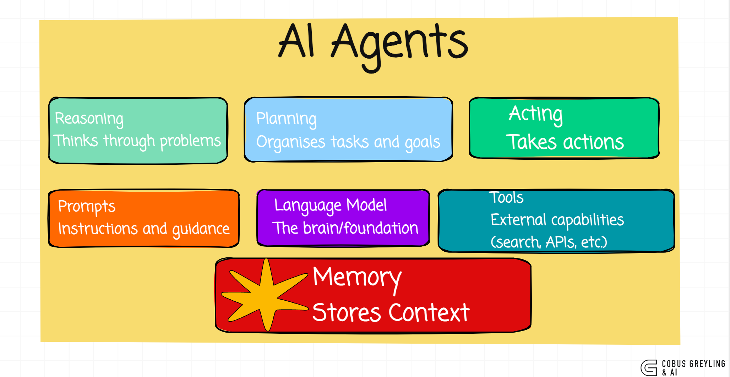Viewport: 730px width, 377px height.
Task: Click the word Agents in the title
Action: click(x=399, y=44)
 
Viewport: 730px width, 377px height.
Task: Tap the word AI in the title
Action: click(x=296, y=41)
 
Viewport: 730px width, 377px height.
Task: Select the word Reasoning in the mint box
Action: click(x=89, y=119)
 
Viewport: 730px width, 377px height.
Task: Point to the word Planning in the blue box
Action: click(x=286, y=119)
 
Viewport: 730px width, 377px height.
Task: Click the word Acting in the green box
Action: click(x=535, y=114)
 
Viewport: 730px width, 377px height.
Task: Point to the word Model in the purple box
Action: click(x=366, y=205)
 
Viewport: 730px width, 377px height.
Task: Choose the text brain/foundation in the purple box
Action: click(x=361, y=228)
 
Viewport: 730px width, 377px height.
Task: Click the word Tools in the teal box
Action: click(x=506, y=198)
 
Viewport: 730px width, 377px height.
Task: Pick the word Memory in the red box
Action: click(x=357, y=278)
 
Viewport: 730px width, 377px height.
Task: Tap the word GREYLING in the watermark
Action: click(x=707, y=364)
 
